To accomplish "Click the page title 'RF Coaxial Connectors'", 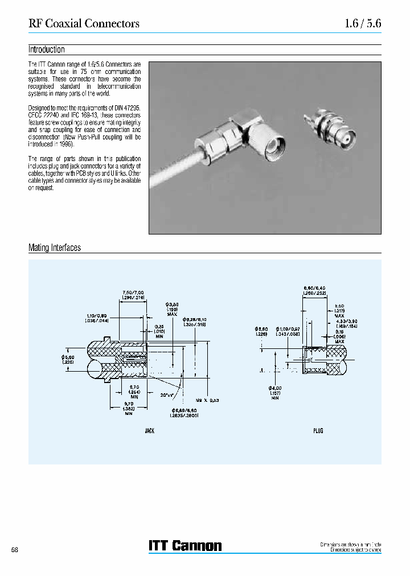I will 84,23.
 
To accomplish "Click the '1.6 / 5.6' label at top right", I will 363,23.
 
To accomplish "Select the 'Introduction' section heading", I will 47,50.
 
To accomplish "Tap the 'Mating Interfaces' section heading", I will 55,248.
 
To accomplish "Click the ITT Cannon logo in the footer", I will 185,546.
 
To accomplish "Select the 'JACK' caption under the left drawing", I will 150,431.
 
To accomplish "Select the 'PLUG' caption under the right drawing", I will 318,431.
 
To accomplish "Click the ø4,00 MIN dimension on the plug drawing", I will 276,392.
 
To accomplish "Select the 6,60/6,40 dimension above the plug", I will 314,291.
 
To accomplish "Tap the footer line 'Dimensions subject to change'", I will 351,550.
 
